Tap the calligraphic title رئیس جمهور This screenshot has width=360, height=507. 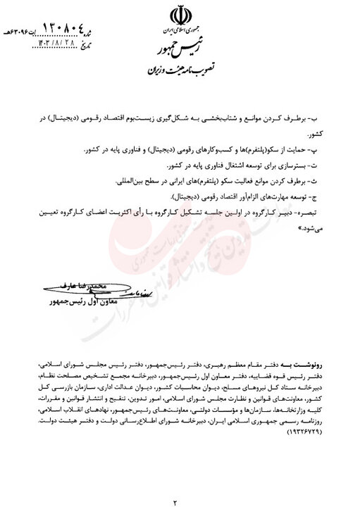coord(177,51)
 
